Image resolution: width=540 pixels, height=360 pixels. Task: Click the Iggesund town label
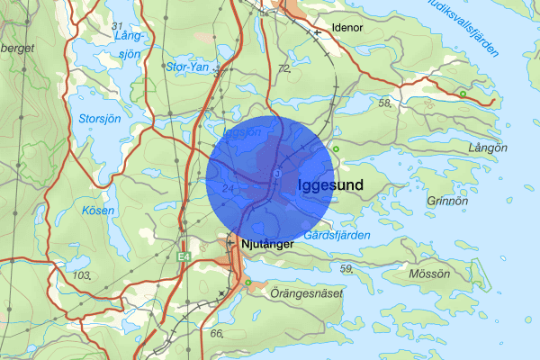click(329, 185)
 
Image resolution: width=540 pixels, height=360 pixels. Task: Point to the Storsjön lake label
click(75, 117)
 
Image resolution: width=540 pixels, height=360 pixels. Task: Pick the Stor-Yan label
click(188, 67)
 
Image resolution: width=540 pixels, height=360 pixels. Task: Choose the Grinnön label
click(448, 202)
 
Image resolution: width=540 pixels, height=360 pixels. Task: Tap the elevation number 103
click(83, 274)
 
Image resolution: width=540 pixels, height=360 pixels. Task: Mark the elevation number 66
click(216, 333)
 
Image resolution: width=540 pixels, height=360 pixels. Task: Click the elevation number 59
click(346, 267)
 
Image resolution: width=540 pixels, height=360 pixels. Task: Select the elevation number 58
click(385, 103)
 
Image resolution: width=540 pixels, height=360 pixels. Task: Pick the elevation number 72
click(283, 68)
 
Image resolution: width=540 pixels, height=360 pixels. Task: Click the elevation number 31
click(116, 24)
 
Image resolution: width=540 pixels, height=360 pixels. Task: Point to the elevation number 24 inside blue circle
click(227, 188)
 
